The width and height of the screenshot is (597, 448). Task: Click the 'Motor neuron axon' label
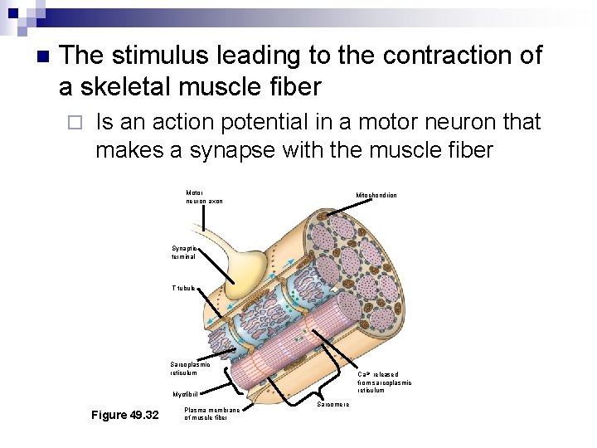[204, 197]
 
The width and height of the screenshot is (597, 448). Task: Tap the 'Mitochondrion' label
[376, 196]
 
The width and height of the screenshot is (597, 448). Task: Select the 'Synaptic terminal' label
[184, 252]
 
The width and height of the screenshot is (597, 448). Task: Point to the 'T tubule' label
[183, 288]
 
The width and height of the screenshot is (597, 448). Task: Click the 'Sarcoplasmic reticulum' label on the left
[190, 368]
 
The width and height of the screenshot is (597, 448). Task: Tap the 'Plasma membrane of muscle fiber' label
[212, 413]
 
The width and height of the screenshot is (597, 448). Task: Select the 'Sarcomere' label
[334, 404]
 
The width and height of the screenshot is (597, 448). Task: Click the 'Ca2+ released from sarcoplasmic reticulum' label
[384, 382]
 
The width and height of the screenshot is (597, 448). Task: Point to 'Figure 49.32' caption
[125, 415]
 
